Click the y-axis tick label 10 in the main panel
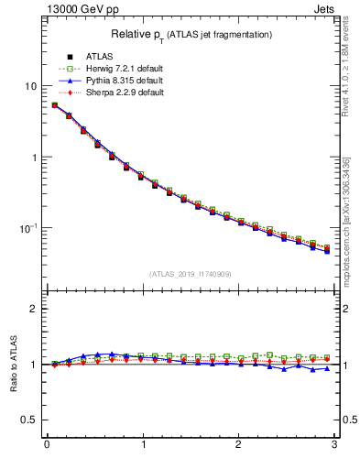click(30, 86)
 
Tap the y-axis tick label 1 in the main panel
click(33, 158)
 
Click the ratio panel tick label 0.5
click(28, 420)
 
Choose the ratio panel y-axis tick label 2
click(33, 309)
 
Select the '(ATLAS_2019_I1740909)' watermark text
click(191, 274)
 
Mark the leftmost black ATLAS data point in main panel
click(55, 105)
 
